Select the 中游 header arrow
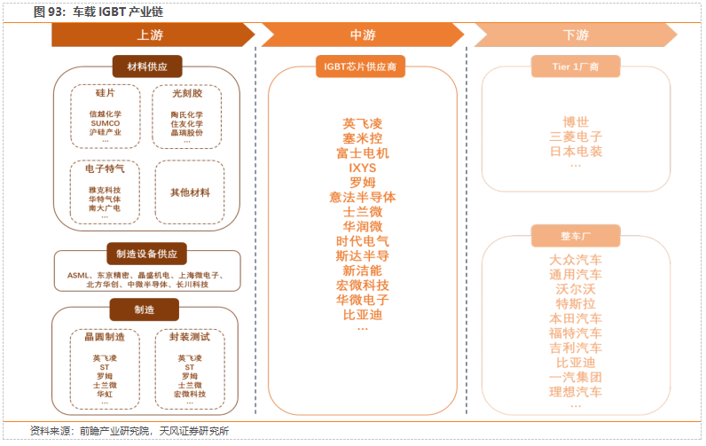pos(363,35)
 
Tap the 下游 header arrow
pos(576,35)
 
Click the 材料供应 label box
pos(147,67)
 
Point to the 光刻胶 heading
pos(186,92)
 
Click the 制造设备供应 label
pos(147,254)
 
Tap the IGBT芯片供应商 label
pos(362,67)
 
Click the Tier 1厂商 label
pos(576,67)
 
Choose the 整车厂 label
pos(576,236)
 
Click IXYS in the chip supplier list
pos(362,167)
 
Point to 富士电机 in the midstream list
pos(362,153)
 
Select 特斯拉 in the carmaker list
pos(576,303)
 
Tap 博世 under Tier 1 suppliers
pos(576,121)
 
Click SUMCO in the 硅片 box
pos(105,123)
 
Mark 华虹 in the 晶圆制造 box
pos(105,393)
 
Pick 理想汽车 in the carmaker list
pos(576,391)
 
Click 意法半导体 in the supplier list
pos(362,197)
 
